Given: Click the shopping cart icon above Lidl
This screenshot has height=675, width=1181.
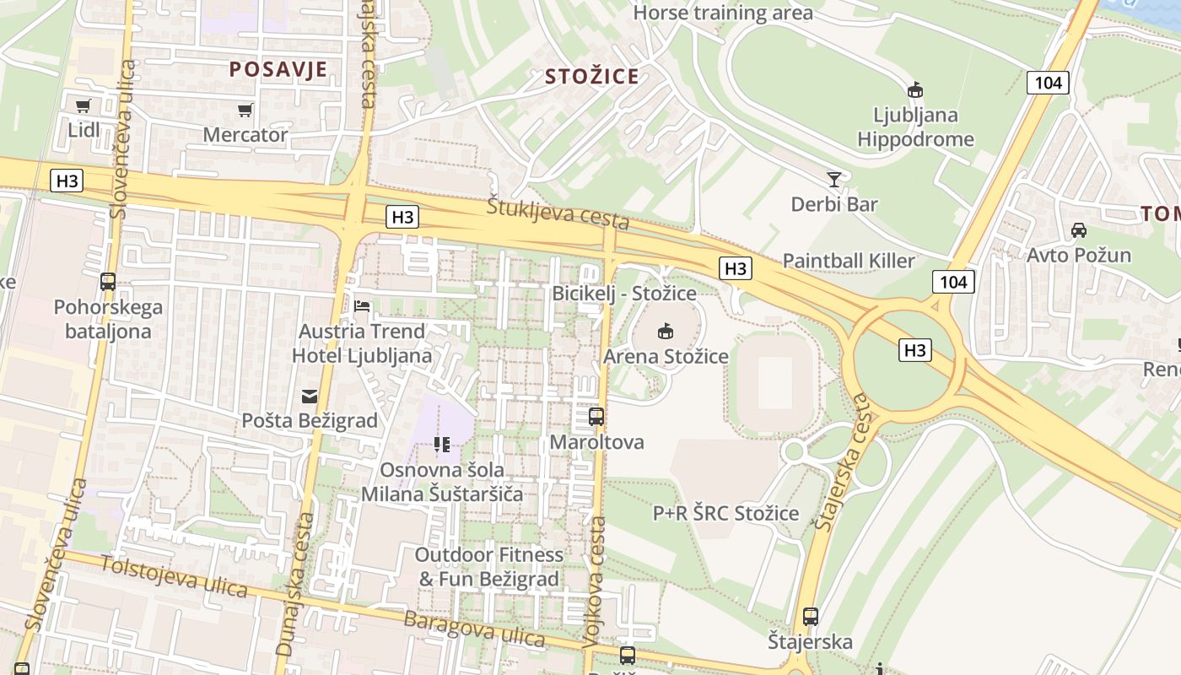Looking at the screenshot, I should [83, 106].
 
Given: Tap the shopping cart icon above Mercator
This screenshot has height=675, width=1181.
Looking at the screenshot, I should [245, 110].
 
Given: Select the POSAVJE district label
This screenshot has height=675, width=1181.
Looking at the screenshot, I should [278, 69].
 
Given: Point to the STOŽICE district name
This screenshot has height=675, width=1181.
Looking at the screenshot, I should [591, 77].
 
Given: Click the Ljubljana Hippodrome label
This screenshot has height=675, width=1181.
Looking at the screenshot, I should [915, 127].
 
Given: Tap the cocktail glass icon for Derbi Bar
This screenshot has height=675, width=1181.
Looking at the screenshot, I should [834, 179].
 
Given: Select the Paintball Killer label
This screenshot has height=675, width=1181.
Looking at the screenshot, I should [849, 261].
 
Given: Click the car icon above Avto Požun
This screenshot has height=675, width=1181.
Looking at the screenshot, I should [1078, 229].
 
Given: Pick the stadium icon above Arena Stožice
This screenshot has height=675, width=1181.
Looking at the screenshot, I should [666, 331].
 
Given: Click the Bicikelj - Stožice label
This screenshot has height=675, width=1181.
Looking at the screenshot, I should [624, 294].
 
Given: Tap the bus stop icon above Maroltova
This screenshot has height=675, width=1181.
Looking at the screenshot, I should [596, 416].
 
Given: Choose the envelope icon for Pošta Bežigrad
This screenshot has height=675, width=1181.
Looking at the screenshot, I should [309, 395].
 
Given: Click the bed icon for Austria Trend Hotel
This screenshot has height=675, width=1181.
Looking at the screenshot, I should [362, 305].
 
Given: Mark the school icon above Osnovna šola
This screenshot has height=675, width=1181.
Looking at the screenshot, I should [442, 444].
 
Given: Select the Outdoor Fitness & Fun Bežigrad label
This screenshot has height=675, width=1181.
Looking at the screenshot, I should [490, 567].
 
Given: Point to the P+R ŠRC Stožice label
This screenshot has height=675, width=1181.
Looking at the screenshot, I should [725, 513].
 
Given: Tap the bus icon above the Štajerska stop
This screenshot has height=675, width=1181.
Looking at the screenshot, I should [811, 617].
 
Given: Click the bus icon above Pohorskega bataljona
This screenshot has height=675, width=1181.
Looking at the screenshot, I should [108, 282].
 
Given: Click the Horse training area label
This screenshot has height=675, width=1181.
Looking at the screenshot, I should [723, 13].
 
